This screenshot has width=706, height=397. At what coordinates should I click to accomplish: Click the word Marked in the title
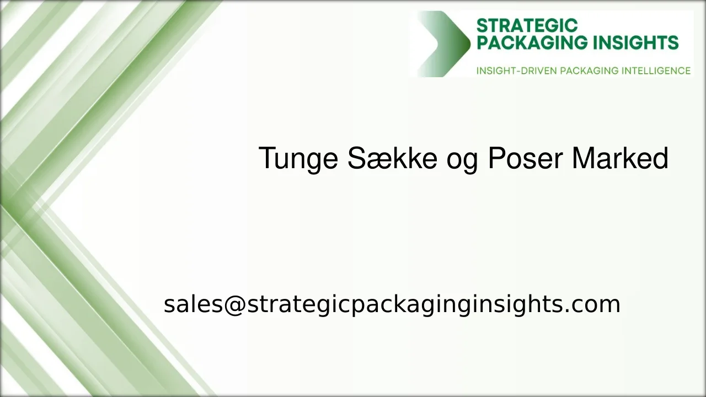[620, 159]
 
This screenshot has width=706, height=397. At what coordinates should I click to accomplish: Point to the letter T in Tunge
[266, 159]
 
